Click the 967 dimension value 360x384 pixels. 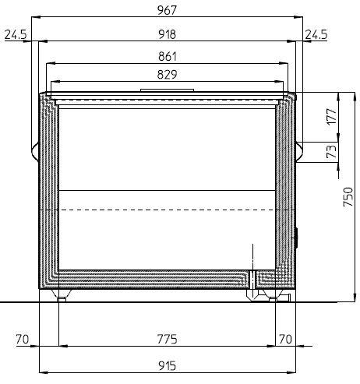167,10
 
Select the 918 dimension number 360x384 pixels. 167,34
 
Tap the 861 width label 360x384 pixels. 168,56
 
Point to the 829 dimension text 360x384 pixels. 167,75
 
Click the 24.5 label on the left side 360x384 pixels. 16,34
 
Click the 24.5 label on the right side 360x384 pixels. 316,34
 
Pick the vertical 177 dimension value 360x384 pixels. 331,116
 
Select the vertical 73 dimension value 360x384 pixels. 331,152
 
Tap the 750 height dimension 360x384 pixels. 348,197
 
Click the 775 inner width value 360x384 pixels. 167,339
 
